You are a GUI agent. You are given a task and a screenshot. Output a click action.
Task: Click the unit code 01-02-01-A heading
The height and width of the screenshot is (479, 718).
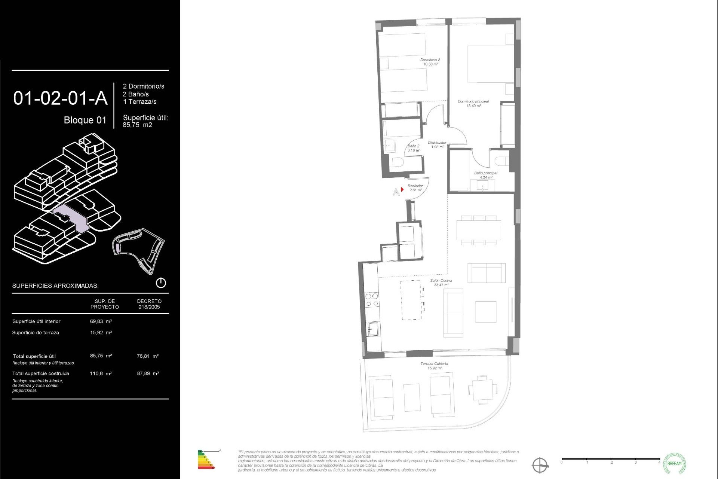pyautogui.click(x=60, y=98)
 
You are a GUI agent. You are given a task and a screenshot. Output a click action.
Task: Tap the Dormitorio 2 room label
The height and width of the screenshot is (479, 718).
pyautogui.click(x=430, y=62)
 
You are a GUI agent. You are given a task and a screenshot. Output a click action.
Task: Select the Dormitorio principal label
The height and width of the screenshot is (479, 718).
pyautogui.click(x=473, y=103)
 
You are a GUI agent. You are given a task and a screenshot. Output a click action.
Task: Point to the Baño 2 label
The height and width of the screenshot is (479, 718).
pyautogui.click(x=414, y=148)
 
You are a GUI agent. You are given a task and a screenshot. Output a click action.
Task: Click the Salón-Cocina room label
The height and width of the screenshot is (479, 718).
pyautogui.click(x=441, y=283)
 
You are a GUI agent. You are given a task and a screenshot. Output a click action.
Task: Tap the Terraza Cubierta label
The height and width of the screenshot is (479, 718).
pyautogui.click(x=434, y=366)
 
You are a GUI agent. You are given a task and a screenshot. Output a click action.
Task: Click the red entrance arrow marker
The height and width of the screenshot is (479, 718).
pyautogui.click(x=402, y=189)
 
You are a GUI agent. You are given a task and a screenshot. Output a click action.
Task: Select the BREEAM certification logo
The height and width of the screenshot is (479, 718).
pyautogui.click(x=674, y=463)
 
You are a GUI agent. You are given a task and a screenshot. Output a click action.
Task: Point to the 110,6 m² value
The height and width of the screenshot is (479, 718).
pyautogui.click(x=101, y=373)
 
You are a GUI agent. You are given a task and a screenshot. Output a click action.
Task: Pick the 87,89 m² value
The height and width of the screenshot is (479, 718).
pyautogui.click(x=148, y=373)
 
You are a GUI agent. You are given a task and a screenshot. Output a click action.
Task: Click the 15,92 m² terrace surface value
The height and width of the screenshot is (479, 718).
pyautogui.click(x=101, y=332)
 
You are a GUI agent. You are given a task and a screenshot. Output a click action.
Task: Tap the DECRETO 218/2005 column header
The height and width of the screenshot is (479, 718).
pyautogui.click(x=149, y=304)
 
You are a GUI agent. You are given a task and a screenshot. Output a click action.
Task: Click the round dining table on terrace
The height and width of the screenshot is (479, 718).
pyautogui.click(x=482, y=389)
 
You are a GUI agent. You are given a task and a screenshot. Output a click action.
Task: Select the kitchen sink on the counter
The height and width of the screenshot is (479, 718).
pyautogui.click(x=373, y=329)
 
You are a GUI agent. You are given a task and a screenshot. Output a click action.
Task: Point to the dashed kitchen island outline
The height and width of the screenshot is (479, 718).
pyautogui.click(x=411, y=300)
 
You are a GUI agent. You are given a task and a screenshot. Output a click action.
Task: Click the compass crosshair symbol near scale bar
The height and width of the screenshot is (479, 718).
pyautogui.click(x=540, y=465)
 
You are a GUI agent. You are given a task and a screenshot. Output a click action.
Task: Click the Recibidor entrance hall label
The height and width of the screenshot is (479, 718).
pyautogui.click(x=415, y=188)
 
